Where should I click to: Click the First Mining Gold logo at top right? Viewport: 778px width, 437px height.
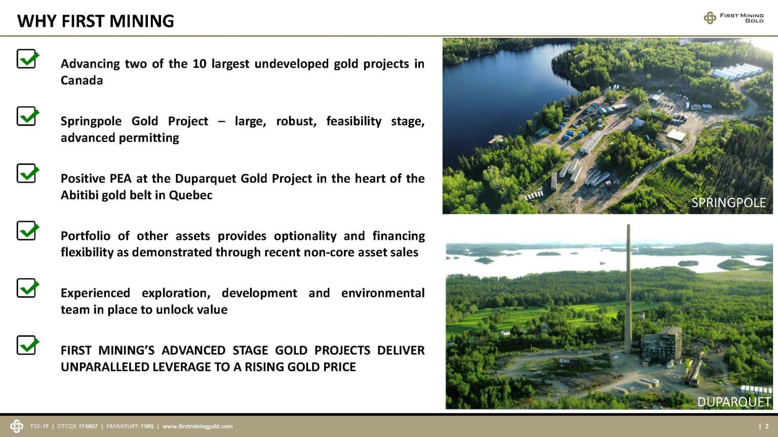coord(733,18)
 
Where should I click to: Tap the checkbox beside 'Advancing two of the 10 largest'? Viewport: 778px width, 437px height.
coord(27,59)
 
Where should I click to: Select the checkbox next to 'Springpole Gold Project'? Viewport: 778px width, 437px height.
coord(27,116)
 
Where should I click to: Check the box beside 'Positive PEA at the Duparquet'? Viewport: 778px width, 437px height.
coord(27,173)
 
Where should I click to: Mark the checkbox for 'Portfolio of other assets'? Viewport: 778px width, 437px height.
coord(27,231)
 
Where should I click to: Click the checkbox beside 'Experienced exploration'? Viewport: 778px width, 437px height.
coord(27,288)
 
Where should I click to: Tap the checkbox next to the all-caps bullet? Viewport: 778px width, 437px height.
coord(27,345)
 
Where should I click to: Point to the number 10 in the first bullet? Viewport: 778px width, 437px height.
coord(200,64)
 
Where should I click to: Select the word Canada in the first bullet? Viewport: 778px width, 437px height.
coord(82,80)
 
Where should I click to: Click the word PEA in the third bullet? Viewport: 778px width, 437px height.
coord(121,179)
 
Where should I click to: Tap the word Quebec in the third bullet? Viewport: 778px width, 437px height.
coord(190,195)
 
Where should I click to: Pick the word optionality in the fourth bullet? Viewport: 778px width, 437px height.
coord(305,236)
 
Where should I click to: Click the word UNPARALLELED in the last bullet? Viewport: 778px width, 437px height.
coord(105,367)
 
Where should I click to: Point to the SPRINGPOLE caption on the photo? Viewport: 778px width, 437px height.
coord(728,202)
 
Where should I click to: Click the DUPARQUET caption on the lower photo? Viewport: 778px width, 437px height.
coord(734,402)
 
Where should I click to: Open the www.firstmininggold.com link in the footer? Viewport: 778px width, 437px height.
coord(198,426)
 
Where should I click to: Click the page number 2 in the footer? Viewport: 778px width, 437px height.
coord(767,426)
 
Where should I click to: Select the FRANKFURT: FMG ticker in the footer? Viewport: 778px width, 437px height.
coord(130,426)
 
